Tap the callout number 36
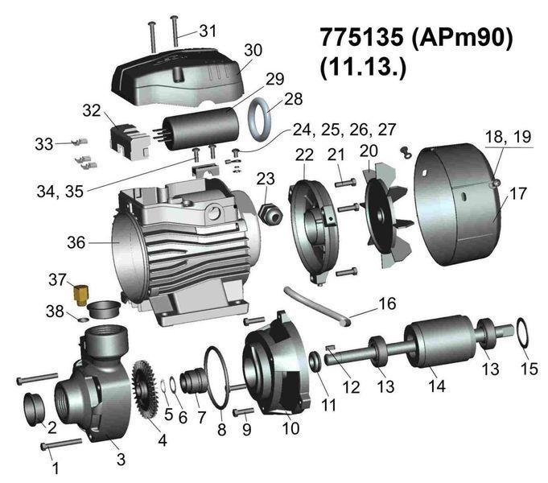click(x=76, y=242)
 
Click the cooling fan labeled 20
click(x=387, y=214)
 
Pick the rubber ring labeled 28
click(x=260, y=119)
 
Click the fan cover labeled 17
click(x=457, y=204)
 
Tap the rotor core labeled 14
click(x=440, y=341)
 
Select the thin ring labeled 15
click(x=522, y=333)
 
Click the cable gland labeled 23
click(x=270, y=213)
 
